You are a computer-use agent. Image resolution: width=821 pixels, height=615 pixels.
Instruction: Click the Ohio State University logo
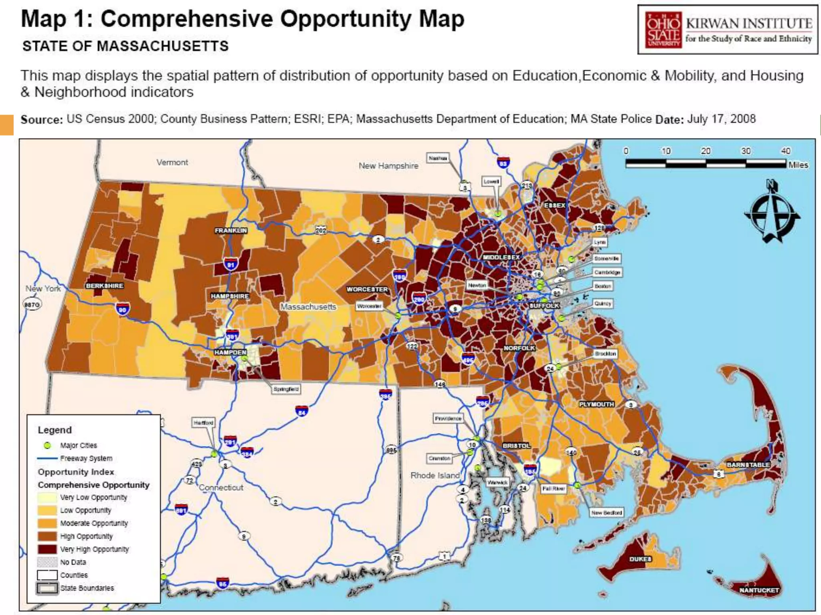[x=663, y=30]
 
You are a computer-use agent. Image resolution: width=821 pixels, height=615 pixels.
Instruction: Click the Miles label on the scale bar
[x=798, y=165]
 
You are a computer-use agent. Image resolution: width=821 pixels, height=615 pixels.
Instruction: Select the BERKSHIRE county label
[x=104, y=286]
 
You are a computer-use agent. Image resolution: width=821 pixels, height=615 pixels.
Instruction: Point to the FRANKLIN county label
[x=231, y=231]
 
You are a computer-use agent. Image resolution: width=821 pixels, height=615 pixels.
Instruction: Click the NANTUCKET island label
[x=759, y=590]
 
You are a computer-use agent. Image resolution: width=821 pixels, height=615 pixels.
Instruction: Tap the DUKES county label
[x=640, y=559]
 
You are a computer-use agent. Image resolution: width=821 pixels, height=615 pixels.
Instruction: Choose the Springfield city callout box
[x=286, y=389]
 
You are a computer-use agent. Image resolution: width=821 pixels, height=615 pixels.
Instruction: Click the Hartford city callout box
[x=204, y=423]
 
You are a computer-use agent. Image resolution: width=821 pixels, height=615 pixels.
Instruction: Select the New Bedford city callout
[x=607, y=512]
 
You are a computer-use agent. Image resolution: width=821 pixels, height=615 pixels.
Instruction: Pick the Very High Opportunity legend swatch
[x=47, y=549]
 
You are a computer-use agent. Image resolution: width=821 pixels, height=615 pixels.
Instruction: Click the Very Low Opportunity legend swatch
[x=47, y=497]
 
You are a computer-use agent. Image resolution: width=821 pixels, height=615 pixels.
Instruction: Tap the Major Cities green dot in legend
[x=47, y=445]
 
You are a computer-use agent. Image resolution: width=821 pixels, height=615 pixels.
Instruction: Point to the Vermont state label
[x=172, y=162]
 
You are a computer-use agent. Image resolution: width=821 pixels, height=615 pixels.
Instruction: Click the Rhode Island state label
[x=435, y=475]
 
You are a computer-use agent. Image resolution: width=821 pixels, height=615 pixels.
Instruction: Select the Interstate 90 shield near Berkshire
[x=122, y=309]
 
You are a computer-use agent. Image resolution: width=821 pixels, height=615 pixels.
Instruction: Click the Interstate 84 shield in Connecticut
[x=301, y=411]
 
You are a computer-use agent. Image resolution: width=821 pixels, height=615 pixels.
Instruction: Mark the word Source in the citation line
[x=42, y=120]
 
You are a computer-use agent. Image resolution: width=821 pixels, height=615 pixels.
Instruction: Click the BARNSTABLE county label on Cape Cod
[x=748, y=465]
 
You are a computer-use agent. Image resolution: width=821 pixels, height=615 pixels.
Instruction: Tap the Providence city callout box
[x=448, y=418]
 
